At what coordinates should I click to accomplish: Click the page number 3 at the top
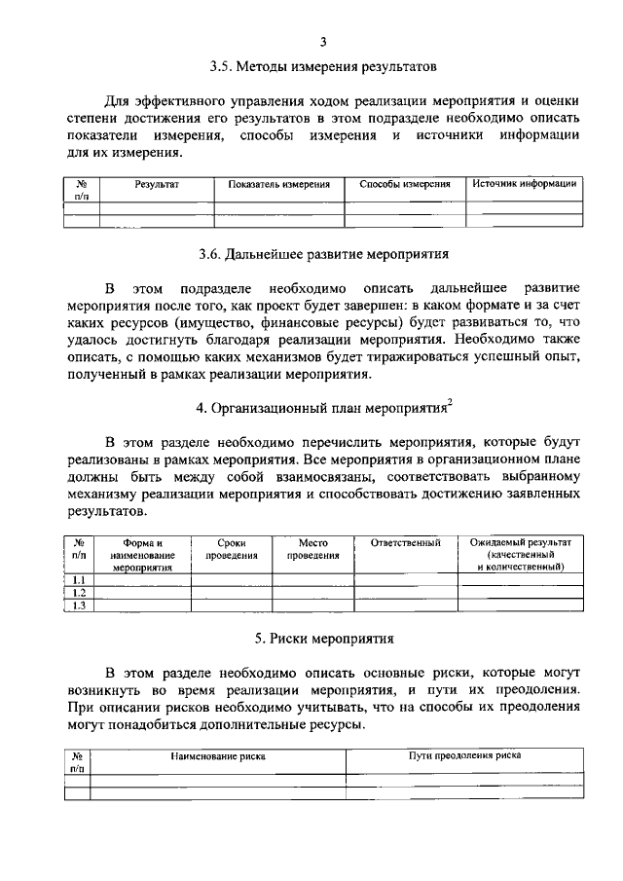[x=322, y=40]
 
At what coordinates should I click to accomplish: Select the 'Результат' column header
[x=158, y=183]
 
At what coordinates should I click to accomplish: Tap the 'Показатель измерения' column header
[x=279, y=183]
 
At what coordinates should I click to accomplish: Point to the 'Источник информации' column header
[x=526, y=183]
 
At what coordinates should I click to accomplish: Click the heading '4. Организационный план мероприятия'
[x=319, y=407]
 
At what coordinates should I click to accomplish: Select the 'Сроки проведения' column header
[x=231, y=549]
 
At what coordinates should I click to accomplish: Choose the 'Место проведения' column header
[x=312, y=549]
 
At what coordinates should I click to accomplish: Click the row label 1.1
[x=80, y=581]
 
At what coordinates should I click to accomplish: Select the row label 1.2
[x=80, y=593]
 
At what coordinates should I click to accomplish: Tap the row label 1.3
[x=80, y=606]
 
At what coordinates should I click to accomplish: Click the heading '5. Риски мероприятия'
[x=323, y=640]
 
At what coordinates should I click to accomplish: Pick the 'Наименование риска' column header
[x=218, y=754]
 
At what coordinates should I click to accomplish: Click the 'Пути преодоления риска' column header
[x=464, y=754]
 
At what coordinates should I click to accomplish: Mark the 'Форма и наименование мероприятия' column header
[x=142, y=554]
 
